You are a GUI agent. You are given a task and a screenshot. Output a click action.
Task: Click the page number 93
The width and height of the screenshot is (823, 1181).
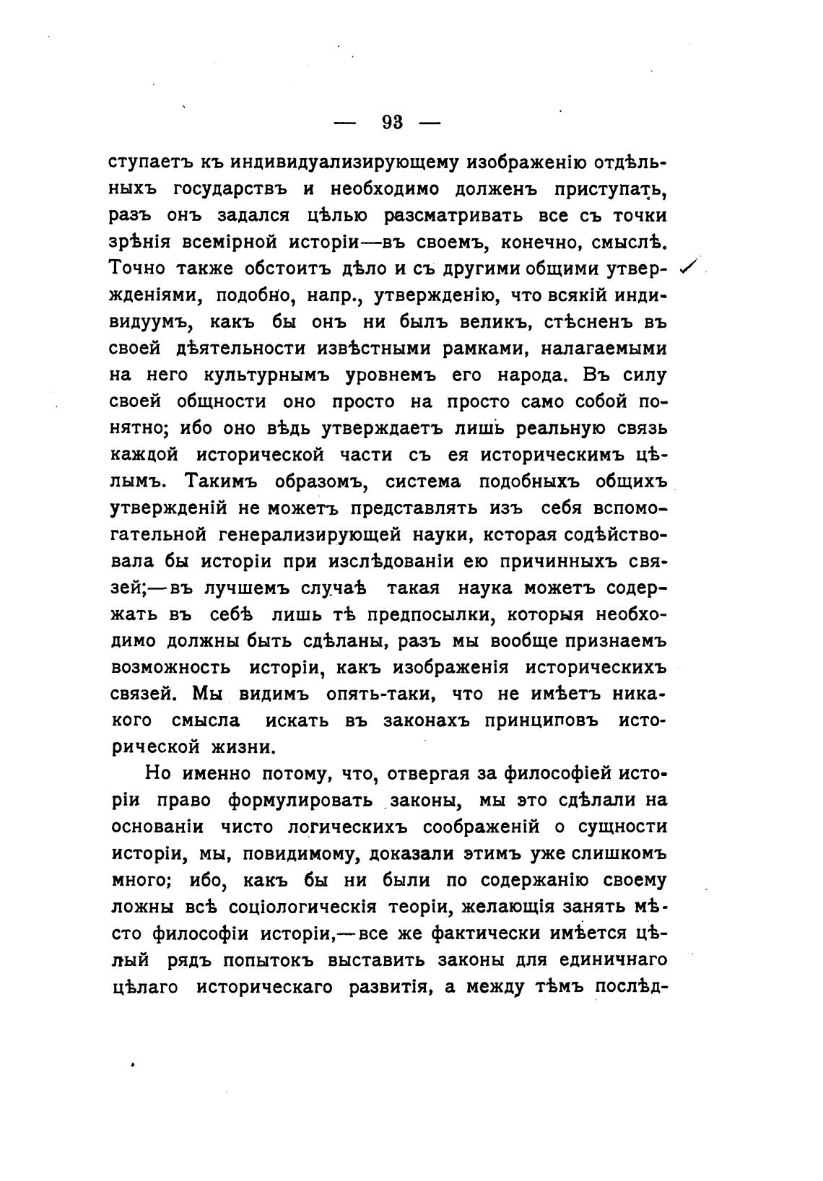point(392,122)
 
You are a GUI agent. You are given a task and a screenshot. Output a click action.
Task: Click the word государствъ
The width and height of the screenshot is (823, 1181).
point(231,190)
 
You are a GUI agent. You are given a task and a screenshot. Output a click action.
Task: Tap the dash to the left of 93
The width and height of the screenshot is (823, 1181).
point(345,123)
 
